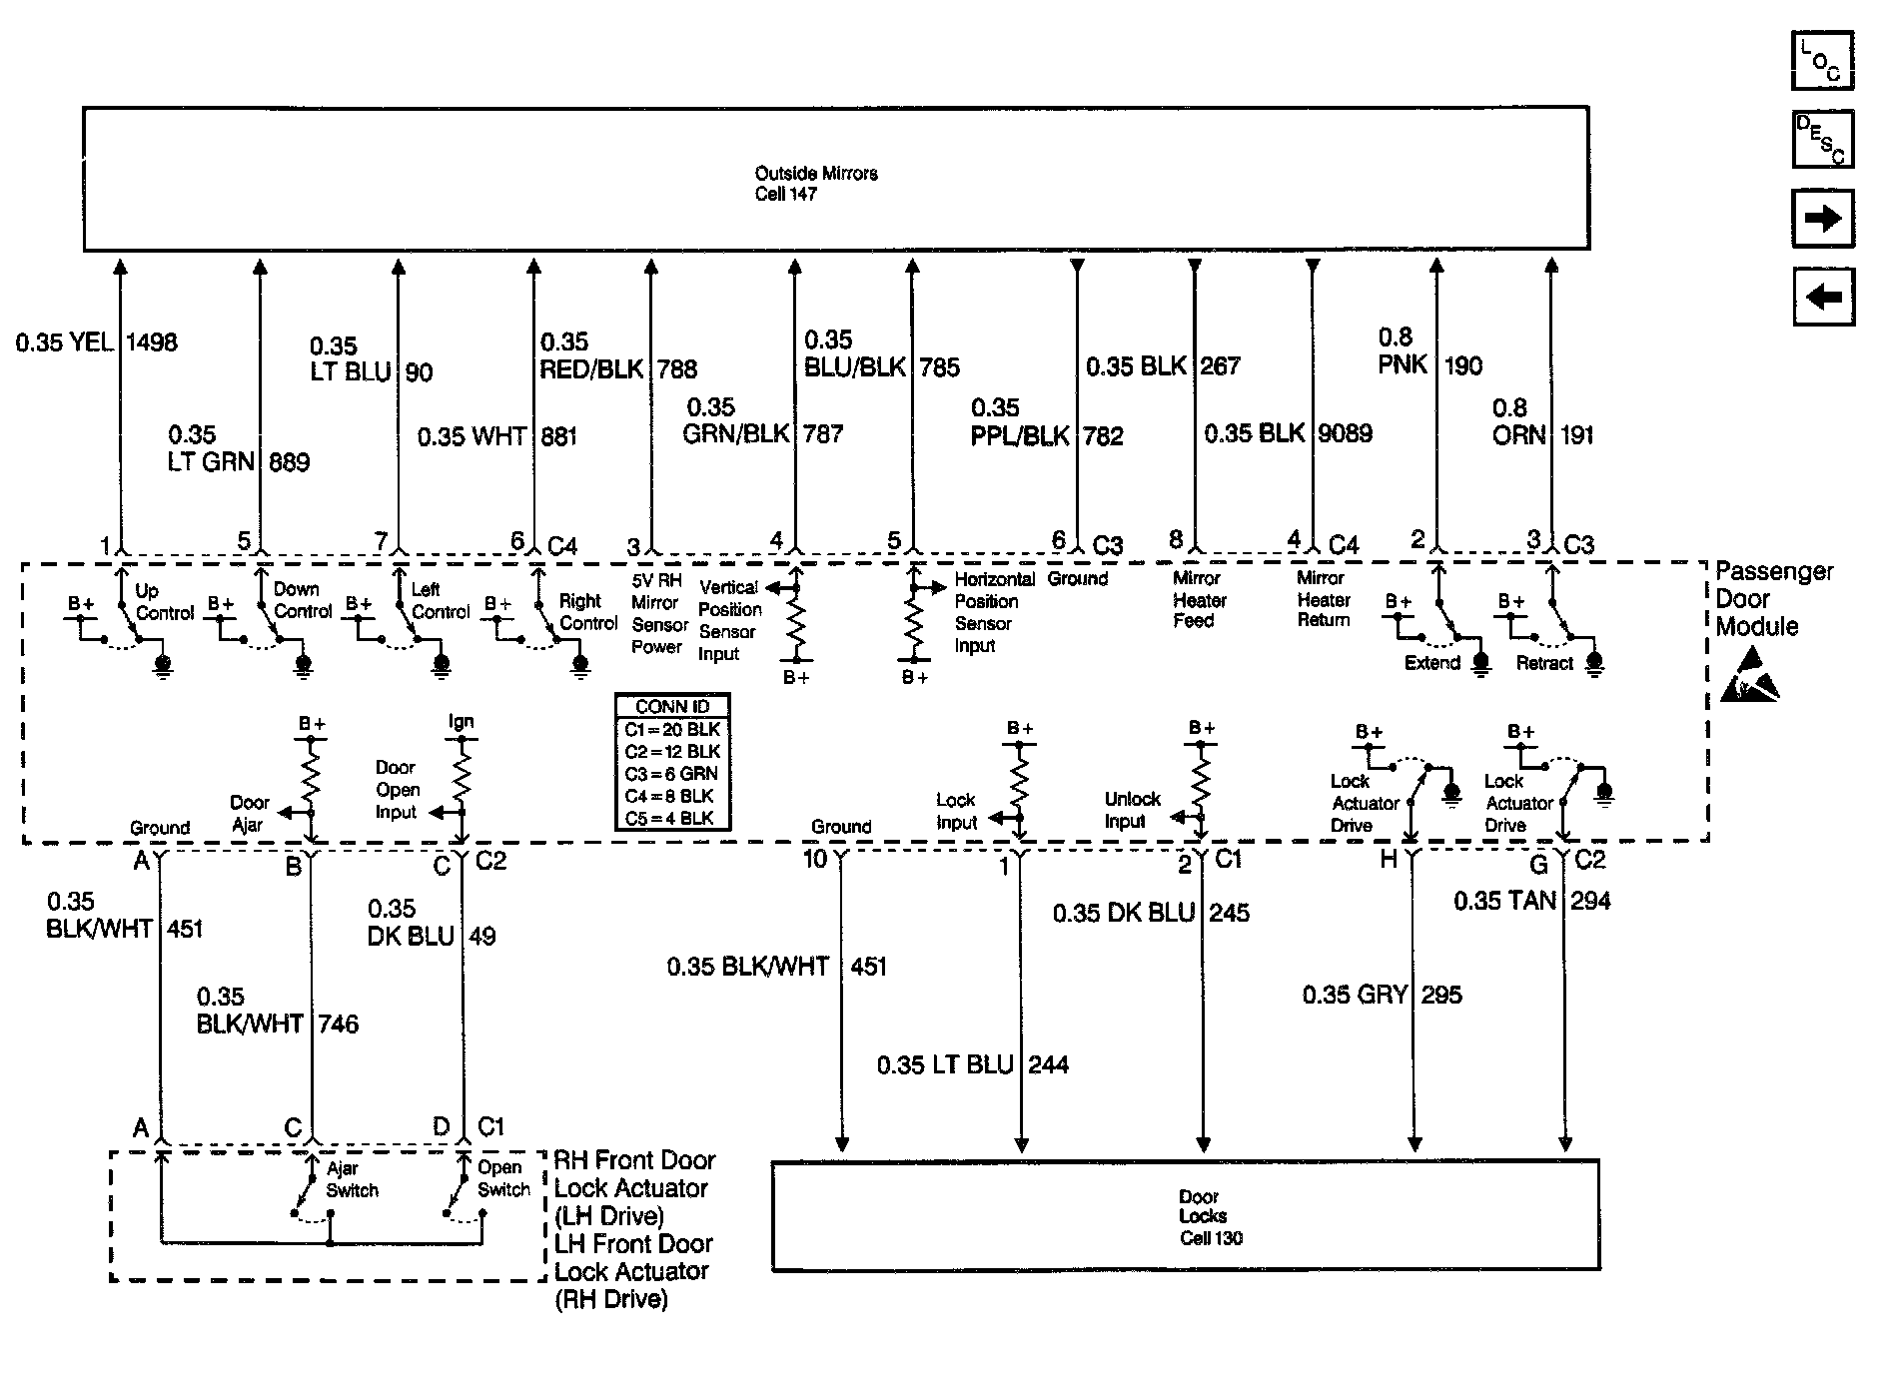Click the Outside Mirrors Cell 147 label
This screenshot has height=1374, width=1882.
click(x=815, y=184)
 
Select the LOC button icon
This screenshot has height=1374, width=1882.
click(x=1822, y=61)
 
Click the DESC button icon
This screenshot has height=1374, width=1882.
click(x=1822, y=139)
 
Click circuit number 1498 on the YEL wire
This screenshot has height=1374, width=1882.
click(x=152, y=343)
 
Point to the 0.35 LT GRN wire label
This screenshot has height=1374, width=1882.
click(x=211, y=448)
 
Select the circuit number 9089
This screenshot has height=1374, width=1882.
click(x=1345, y=433)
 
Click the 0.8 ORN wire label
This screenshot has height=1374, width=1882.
click(x=1518, y=421)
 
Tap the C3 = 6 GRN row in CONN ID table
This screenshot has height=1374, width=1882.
click(x=672, y=774)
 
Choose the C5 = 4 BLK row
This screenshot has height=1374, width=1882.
click(x=672, y=818)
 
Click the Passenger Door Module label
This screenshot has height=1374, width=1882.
click(x=1773, y=599)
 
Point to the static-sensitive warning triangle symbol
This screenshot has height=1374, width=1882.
click(x=1749, y=676)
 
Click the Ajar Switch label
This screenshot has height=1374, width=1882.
click(x=352, y=1179)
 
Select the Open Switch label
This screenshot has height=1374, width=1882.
click(x=502, y=1179)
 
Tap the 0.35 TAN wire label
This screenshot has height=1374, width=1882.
click(x=1504, y=901)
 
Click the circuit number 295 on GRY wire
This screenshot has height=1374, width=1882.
click(x=1441, y=995)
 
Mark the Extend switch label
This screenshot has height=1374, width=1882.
click(x=1431, y=663)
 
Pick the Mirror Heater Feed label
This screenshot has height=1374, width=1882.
click(x=1197, y=599)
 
